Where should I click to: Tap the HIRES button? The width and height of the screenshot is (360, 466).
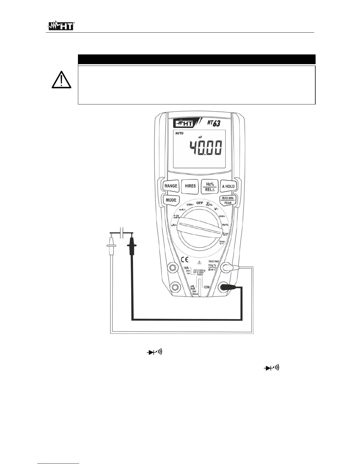pos(190,186)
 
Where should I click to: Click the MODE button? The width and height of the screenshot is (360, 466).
pos(171,200)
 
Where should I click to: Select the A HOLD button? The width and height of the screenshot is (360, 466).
pos(228,186)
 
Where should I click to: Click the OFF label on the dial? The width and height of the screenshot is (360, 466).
pos(200,203)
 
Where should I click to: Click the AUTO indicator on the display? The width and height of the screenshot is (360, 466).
pos(179,133)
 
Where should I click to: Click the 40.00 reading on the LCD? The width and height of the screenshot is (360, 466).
pos(206,148)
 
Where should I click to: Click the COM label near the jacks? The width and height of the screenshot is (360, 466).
pos(207,287)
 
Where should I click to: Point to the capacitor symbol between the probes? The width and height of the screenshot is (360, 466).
pos(121,232)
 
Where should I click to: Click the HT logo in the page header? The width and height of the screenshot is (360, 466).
pos(61,26)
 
